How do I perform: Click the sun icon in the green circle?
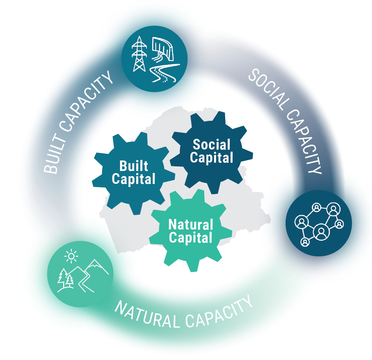[71, 256]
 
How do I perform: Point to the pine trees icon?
[65, 279]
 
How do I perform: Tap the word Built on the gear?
[134, 166]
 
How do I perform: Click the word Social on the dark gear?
[212, 145]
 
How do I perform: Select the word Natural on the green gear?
[191, 225]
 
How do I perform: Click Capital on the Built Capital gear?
[134, 179]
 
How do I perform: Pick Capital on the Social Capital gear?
[212, 158]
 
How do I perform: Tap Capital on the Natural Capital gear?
[191, 238]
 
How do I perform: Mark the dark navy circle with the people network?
[319, 223]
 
